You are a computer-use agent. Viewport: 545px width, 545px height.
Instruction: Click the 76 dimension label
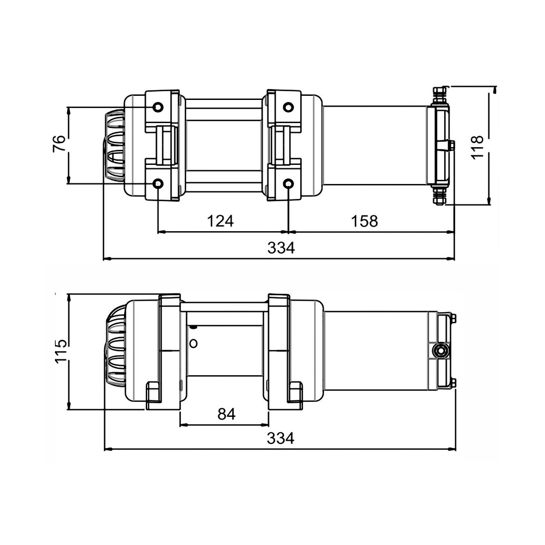59,144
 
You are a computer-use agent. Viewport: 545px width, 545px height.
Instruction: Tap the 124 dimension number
220,221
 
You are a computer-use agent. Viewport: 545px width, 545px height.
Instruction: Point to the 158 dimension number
365,221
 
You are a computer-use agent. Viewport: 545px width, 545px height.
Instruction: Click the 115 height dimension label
61,350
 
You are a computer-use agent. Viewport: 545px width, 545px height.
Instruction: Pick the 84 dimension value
227,414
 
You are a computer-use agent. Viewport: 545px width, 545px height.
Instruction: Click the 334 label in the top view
281,248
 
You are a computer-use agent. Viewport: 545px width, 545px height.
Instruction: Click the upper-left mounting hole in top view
158,107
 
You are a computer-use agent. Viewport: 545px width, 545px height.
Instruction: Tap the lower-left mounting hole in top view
158,183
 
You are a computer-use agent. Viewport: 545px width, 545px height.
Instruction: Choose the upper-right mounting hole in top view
288,107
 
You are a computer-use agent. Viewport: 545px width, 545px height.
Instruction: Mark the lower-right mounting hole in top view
288,183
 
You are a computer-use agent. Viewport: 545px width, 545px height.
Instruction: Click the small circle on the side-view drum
193,343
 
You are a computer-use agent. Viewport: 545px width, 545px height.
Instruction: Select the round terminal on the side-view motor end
440,350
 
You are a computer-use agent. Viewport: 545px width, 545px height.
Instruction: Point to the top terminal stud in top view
440,95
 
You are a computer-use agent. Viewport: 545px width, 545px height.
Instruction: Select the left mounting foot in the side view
153,394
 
